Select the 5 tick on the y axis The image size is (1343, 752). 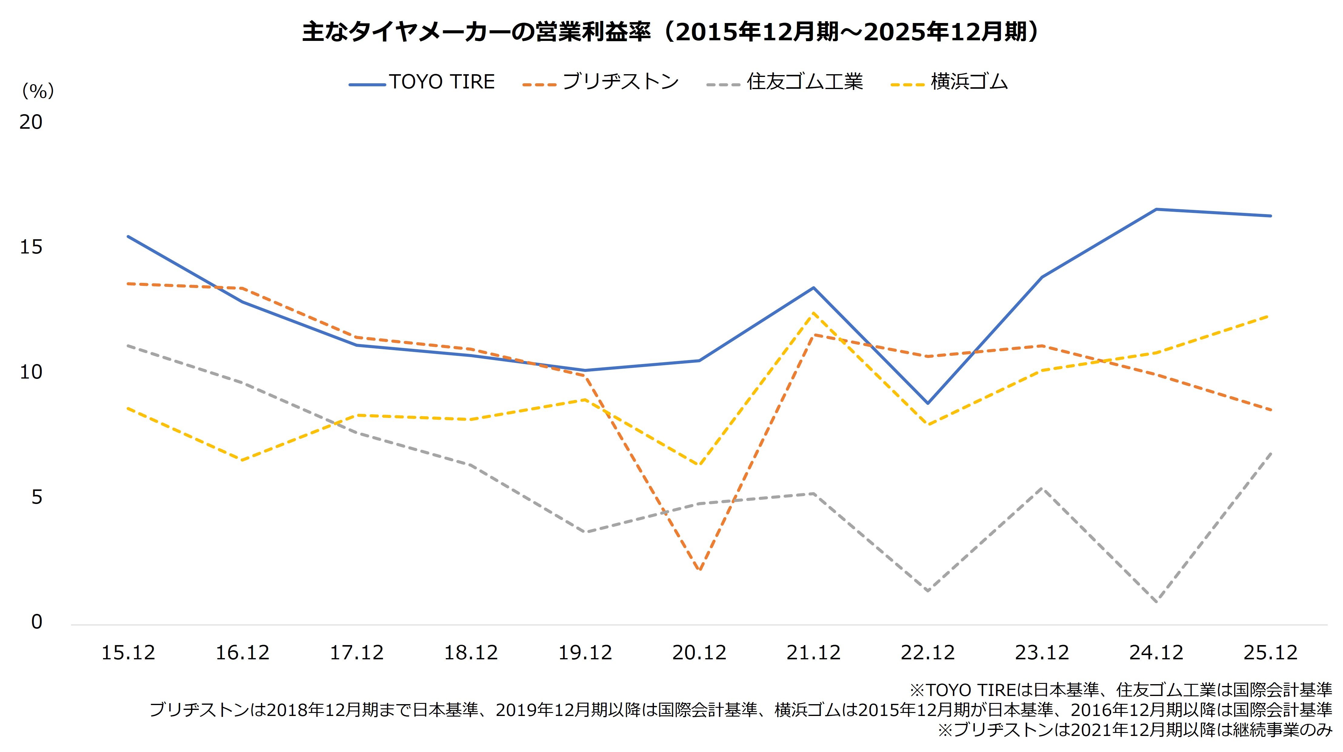[x=36, y=497]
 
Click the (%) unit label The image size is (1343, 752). [x=38, y=91]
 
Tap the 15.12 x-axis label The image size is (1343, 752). [x=128, y=652]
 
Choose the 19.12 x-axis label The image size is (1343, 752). [x=585, y=652]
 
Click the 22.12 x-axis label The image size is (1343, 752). [x=928, y=652]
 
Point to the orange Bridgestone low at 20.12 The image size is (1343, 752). [x=699, y=570]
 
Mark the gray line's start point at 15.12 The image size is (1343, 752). [x=128, y=345]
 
